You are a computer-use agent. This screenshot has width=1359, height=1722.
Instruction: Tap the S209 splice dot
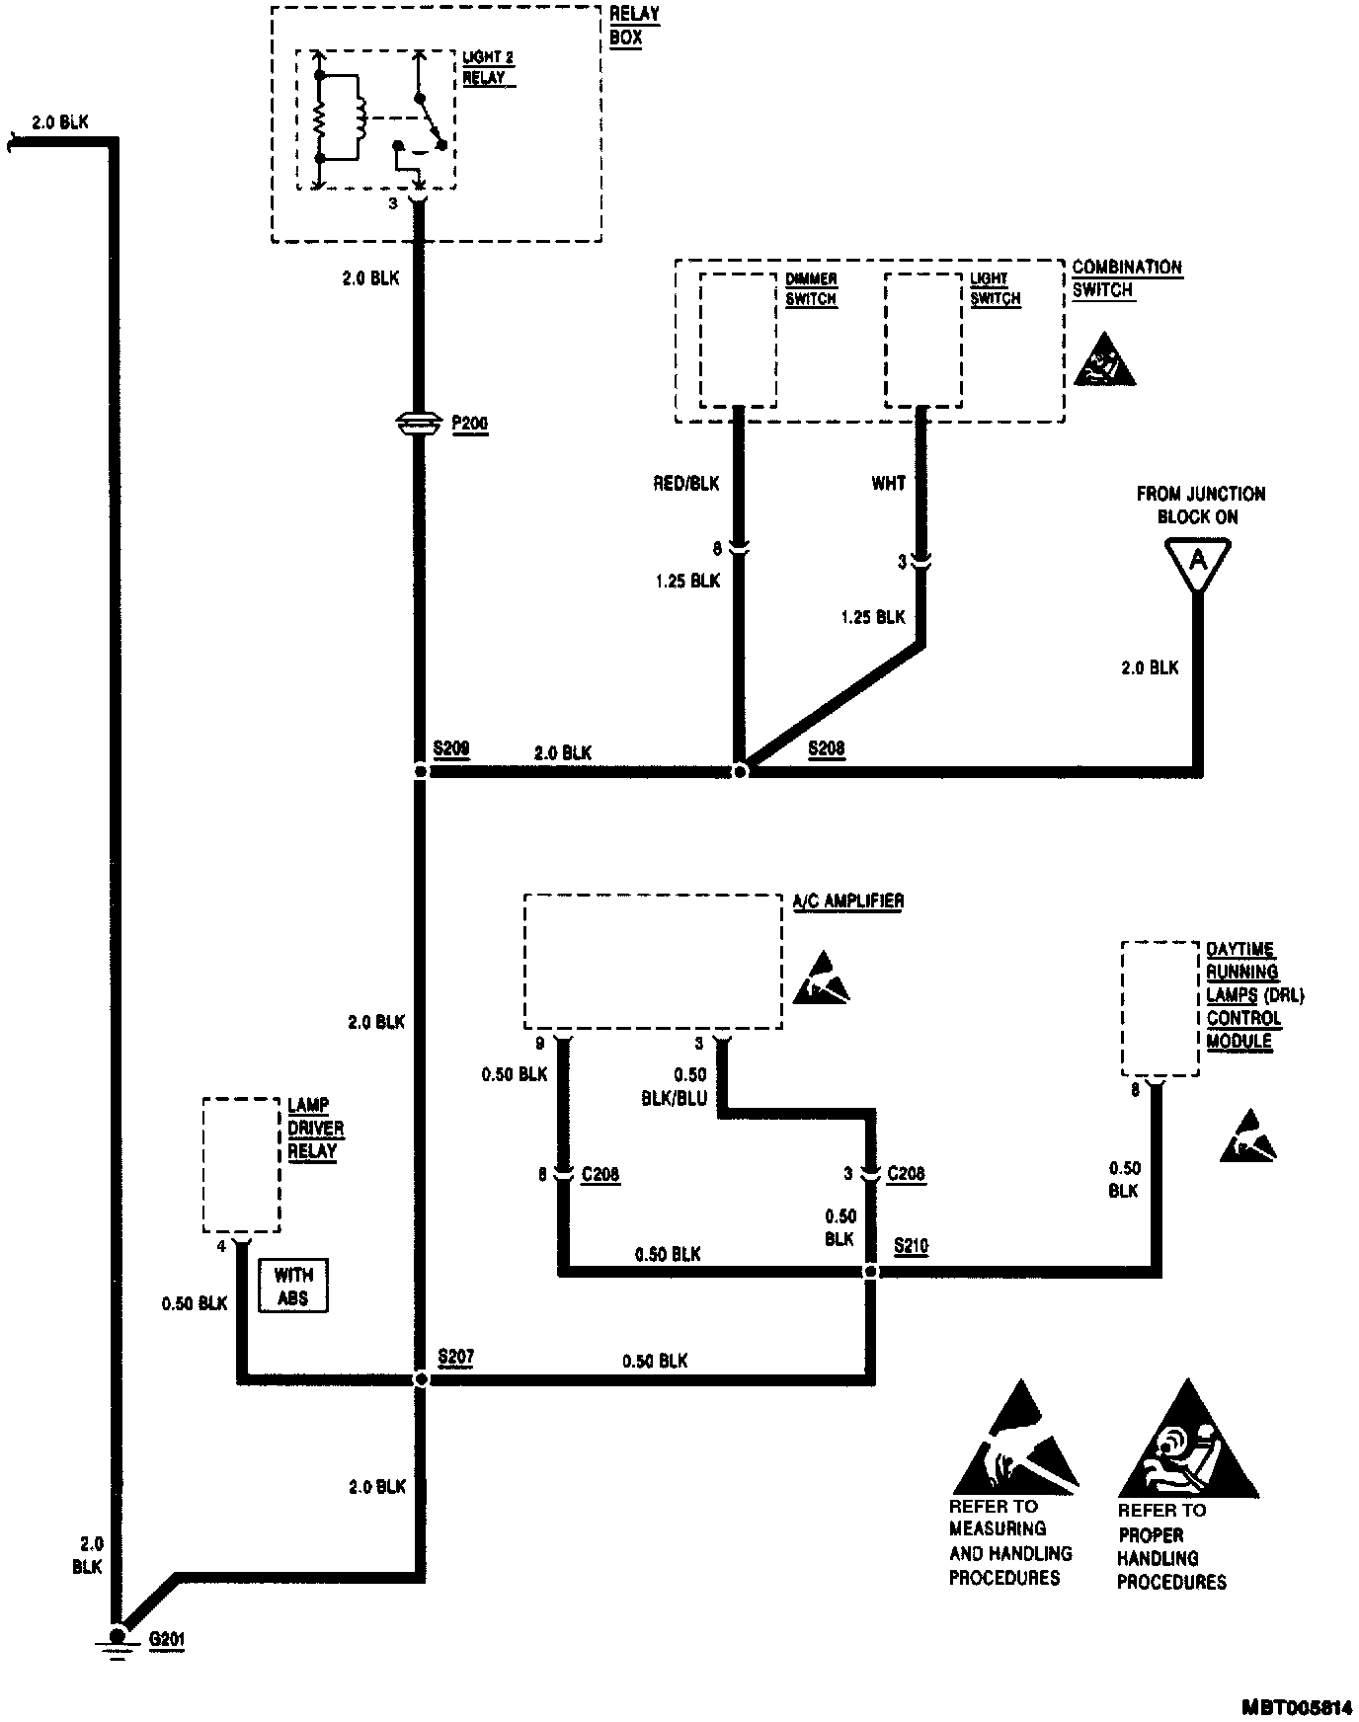421,771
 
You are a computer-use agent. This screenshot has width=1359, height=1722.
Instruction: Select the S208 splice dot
740,771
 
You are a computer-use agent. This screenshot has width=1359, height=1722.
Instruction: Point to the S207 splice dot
421,1379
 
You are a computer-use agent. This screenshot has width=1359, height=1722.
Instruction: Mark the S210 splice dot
870,1272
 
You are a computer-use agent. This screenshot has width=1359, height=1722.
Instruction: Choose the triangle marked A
1198,562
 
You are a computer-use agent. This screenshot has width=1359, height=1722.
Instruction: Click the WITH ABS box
293,1287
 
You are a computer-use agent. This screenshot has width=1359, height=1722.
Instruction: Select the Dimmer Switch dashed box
738,340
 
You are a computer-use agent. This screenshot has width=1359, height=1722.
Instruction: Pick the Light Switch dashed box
922,340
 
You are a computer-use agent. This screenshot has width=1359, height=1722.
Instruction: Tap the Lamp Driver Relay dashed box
241,1164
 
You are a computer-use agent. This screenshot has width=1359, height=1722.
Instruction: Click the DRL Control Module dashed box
1159,1008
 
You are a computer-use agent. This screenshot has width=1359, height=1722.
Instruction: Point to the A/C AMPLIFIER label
848,901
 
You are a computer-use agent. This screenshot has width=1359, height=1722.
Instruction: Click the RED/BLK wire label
685,484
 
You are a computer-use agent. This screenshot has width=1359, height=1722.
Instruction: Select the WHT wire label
888,484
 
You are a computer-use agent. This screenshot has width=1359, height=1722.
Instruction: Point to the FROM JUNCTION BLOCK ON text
1200,505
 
